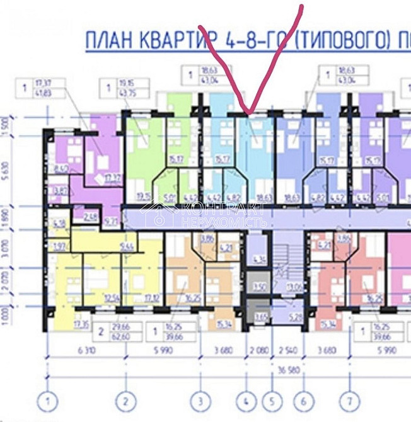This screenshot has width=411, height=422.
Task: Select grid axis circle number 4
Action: point(246,401)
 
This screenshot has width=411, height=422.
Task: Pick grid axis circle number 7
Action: point(350,401)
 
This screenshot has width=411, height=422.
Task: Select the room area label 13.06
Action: point(294,287)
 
